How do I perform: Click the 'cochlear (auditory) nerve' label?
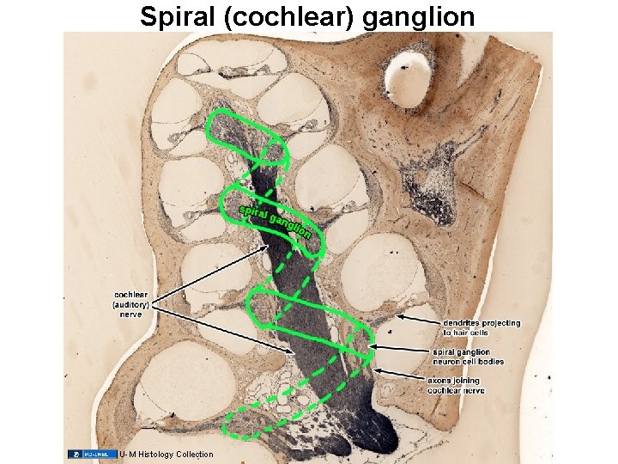[131, 304]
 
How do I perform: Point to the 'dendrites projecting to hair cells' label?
[481, 327]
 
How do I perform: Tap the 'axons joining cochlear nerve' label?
[455, 385]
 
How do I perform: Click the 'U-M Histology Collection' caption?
[167, 454]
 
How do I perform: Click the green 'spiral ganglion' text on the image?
[274, 220]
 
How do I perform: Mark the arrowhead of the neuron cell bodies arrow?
[371, 347]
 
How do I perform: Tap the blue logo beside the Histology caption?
[92, 454]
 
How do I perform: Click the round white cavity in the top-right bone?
[410, 70]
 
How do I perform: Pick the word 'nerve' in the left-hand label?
[131, 314]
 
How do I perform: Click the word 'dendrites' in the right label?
[462, 323]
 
